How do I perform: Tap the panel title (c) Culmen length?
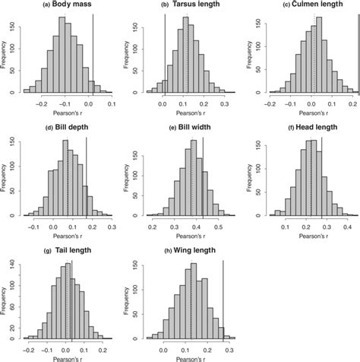coord(308,5)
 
